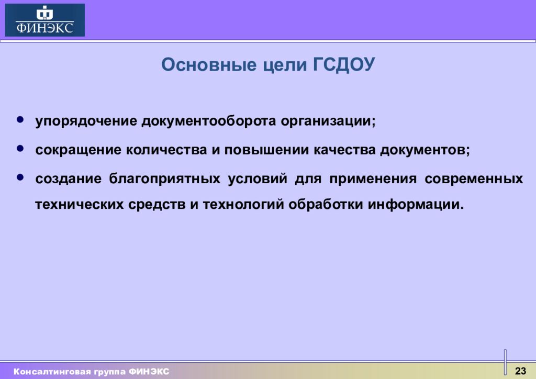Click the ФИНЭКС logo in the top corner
45,20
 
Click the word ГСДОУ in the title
344,64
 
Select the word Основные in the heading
209,64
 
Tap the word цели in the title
285,65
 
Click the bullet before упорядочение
20,119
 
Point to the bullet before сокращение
20,148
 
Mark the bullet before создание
20,177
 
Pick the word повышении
266,150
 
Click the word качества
344,150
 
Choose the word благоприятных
165,179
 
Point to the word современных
474,179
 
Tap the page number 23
520,371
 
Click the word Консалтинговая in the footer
52,372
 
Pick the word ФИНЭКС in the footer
149,372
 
